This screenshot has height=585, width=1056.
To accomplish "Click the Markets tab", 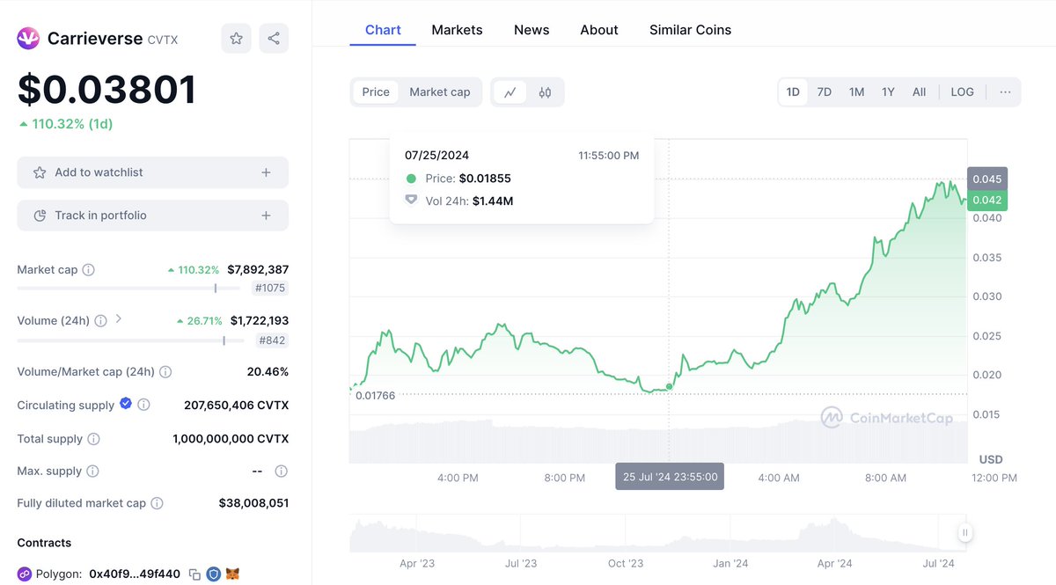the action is pyautogui.click(x=457, y=30).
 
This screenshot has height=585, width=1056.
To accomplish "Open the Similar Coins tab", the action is pyautogui.click(x=690, y=30).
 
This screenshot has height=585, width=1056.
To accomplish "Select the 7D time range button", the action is pyautogui.click(x=824, y=91).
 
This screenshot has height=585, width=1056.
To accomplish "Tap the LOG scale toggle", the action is pyautogui.click(x=962, y=91).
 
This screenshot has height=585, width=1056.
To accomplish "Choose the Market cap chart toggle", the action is pyautogui.click(x=439, y=91).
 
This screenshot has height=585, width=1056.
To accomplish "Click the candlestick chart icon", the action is pyautogui.click(x=545, y=92).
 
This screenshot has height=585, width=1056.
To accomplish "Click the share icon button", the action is pyautogui.click(x=274, y=38).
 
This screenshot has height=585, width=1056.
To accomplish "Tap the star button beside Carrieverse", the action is pyautogui.click(x=236, y=38).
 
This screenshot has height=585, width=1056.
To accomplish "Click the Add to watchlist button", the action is pyautogui.click(x=153, y=172).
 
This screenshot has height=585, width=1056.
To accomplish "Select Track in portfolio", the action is pyautogui.click(x=153, y=216).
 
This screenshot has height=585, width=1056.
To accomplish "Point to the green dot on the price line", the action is pyautogui.click(x=669, y=386).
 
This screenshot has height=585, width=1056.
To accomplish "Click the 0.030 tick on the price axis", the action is pyautogui.click(x=987, y=296).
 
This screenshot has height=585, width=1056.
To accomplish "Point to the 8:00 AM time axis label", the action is pyautogui.click(x=885, y=478).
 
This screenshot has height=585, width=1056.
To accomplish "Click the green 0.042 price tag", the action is pyautogui.click(x=987, y=200).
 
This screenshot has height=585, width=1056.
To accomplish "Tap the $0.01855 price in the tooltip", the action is pyautogui.click(x=485, y=179).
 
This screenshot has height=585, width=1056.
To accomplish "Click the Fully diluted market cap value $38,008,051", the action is pyautogui.click(x=253, y=503).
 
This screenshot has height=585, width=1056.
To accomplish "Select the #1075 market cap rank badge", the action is pyautogui.click(x=270, y=288).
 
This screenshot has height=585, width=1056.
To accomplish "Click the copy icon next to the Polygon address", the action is pyautogui.click(x=194, y=574).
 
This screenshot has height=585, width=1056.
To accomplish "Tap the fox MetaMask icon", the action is pyautogui.click(x=232, y=574).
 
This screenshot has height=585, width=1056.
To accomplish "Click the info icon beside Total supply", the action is pyautogui.click(x=94, y=439).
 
